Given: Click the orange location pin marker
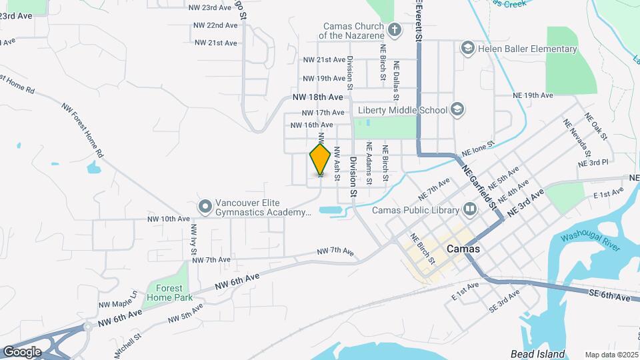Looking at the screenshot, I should point(321,159).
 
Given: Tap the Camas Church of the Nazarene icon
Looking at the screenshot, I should point(395,29).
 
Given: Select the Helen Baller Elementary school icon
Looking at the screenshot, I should point(467,49).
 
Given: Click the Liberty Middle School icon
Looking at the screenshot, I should point(457,109).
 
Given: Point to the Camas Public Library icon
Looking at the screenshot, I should point(471,210).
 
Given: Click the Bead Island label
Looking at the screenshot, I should point(538,354).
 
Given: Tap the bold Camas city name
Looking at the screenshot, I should point(463,249).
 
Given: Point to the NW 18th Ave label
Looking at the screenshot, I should point(317,97).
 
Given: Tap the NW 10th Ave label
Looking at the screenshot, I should point(169,219).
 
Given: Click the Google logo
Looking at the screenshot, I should point(22,351).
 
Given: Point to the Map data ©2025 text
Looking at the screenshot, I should point(611,355).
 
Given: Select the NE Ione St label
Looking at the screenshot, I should point(479,149).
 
